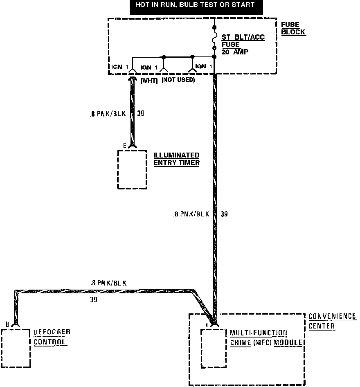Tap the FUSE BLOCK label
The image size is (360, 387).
tap(292, 29)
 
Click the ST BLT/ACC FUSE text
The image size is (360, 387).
tap(243, 41)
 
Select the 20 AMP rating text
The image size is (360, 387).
tap(234, 52)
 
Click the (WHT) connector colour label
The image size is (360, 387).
tap(149, 81)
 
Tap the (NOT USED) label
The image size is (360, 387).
tap(178, 80)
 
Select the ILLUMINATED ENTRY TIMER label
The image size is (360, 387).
tap(176, 159)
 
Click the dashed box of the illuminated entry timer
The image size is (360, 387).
tap(132, 169)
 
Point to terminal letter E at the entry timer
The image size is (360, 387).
tap(125, 145)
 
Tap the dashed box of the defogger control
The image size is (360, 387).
tap(16, 348)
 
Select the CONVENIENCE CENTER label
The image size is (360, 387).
tap(332, 321)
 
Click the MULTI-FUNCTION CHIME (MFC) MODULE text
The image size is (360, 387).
tap(265, 337)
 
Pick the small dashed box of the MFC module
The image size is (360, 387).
tap(213, 348)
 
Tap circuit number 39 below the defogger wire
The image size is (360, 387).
tap(94, 300)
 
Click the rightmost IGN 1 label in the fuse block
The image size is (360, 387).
tap(203, 67)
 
